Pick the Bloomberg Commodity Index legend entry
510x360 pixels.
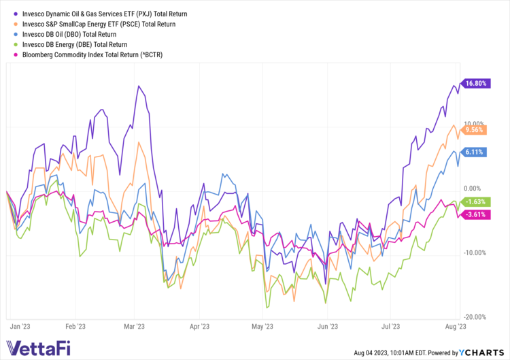tap(92, 54)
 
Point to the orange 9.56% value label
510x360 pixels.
tap(474, 129)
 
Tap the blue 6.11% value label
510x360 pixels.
tap(474, 152)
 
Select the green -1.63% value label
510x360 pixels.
tap(474, 201)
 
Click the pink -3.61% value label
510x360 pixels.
tap(474, 214)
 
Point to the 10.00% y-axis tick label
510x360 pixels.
tap(474, 123)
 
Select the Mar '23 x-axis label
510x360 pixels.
tap(135, 326)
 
